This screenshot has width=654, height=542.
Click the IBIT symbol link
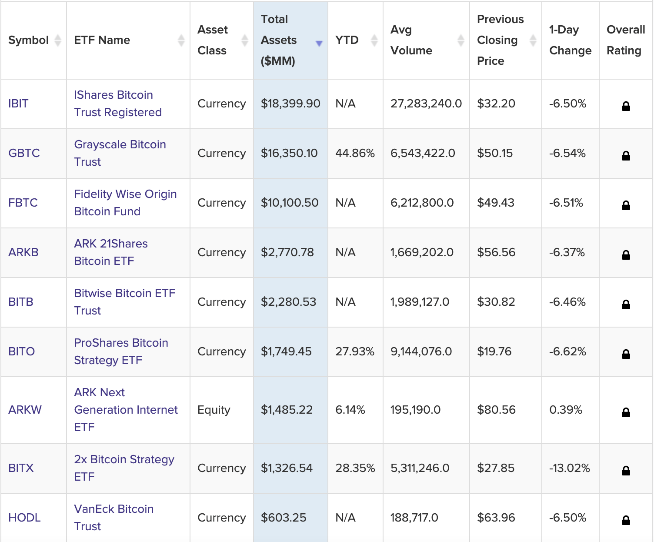coord(18,104)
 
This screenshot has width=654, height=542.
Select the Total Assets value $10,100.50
coord(290,203)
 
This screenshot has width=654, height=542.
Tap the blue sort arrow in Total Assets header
coord(319,43)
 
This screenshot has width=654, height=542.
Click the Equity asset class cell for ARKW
coord(214,410)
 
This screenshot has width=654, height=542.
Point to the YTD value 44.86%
coord(355,153)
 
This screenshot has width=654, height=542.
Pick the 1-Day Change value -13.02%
coord(569,468)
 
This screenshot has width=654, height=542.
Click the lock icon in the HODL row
coord(626,520)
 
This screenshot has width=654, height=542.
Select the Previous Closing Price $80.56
coord(496,410)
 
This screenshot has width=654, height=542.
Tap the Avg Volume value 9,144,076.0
coord(421,351)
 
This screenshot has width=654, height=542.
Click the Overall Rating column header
coord(625,40)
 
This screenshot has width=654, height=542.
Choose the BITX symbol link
coord(21,468)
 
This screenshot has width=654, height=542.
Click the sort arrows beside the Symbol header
coord(57,40)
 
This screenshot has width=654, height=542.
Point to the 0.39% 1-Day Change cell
coord(565,410)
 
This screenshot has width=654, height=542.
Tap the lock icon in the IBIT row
coord(626,106)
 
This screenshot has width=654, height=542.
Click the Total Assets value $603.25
coord(284,518)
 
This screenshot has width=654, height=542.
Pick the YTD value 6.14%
coord(350,410)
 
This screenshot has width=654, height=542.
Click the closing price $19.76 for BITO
coord(494,351)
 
